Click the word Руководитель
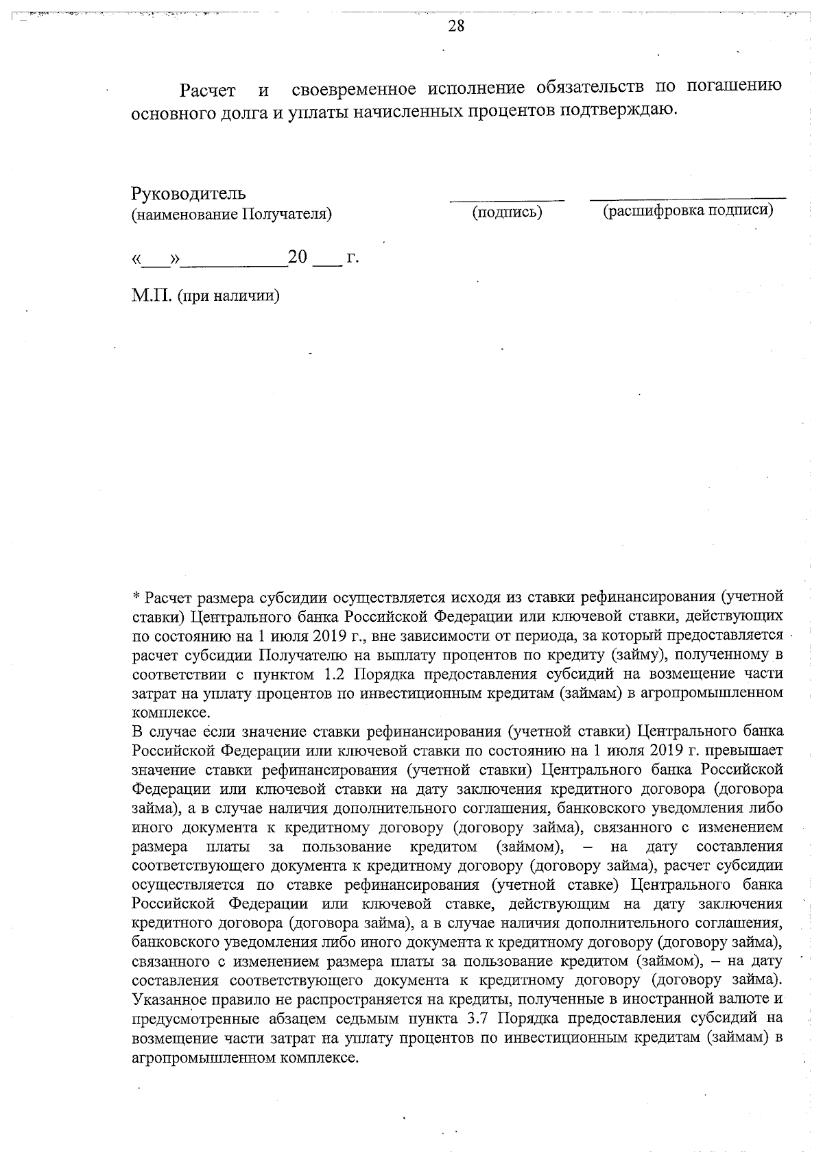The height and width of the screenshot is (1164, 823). tap(189, 194)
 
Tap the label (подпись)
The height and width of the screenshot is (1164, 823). tap(507, 213)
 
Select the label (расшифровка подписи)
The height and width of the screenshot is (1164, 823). tap(688, 210)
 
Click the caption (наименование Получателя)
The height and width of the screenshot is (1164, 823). tap(232, 215)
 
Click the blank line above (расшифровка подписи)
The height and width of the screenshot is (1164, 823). tap(688, 199)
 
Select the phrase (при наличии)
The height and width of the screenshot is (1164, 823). tap(228, 297)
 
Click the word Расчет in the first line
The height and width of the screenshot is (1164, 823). tap(207, 90)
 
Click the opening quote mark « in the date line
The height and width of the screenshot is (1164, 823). tap(137, 260)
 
